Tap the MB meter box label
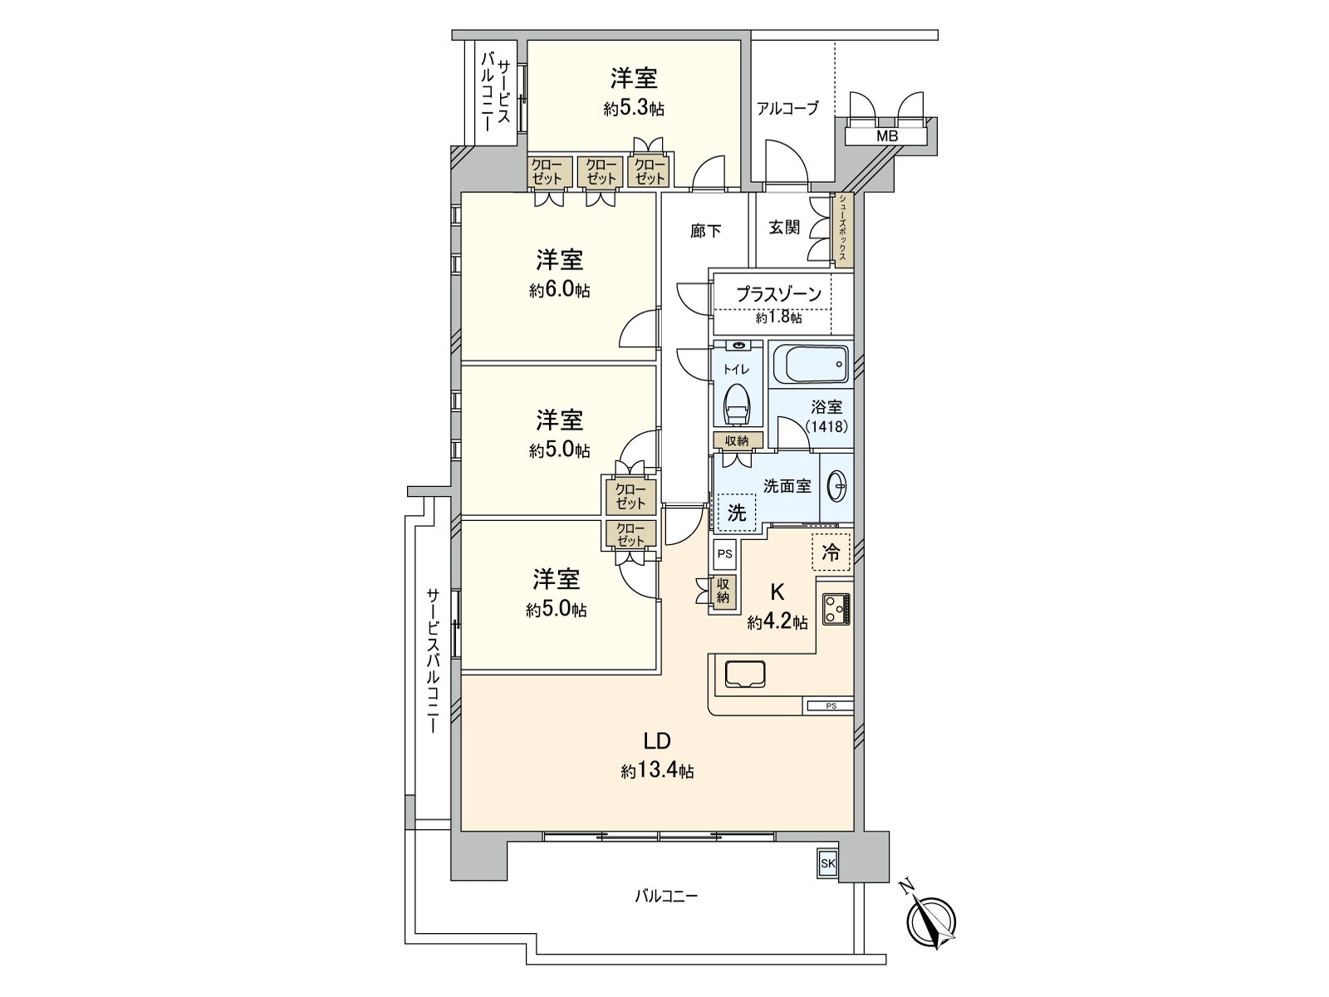pyautogui.click(x=886, y=135)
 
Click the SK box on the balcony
pyautogui.click(x=827, y=864)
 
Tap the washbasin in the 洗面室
pyautogui.click(x=837, y=487)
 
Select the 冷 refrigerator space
pyautogui.click(x=831, y=553)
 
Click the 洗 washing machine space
pyautogui.click(x=737, y=513)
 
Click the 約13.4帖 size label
pyautogui.click(x=657, y=771)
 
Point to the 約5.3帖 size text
pyautogui.click(x=634, y=108)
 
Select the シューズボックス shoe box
pyautogui.click(x=842, y=229)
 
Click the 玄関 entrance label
pyautogui.click(x=784, y=227)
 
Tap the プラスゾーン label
pyautogui.click(x=778, y=293)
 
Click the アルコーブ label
pyautogui.click(x=787, y=108)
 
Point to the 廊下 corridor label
pyautogui.click(x=705, y=231)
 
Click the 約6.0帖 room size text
pyautogui.click(x=560, y=291)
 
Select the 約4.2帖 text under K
pyautogui.click(x=777, y=622)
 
